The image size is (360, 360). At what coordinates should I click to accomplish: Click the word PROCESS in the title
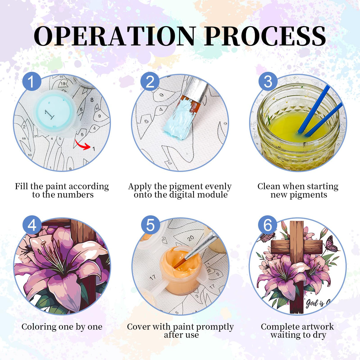point(265,36)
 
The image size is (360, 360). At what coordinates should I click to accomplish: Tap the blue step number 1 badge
point(32,81)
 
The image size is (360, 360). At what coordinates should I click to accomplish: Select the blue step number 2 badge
point(150,81)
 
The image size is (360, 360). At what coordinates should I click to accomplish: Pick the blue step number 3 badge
point(268,81)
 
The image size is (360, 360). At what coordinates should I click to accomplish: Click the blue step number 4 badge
point(32,225)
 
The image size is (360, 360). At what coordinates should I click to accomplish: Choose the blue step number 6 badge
point(268,225)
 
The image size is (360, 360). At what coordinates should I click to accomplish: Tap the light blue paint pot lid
point(54,112)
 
